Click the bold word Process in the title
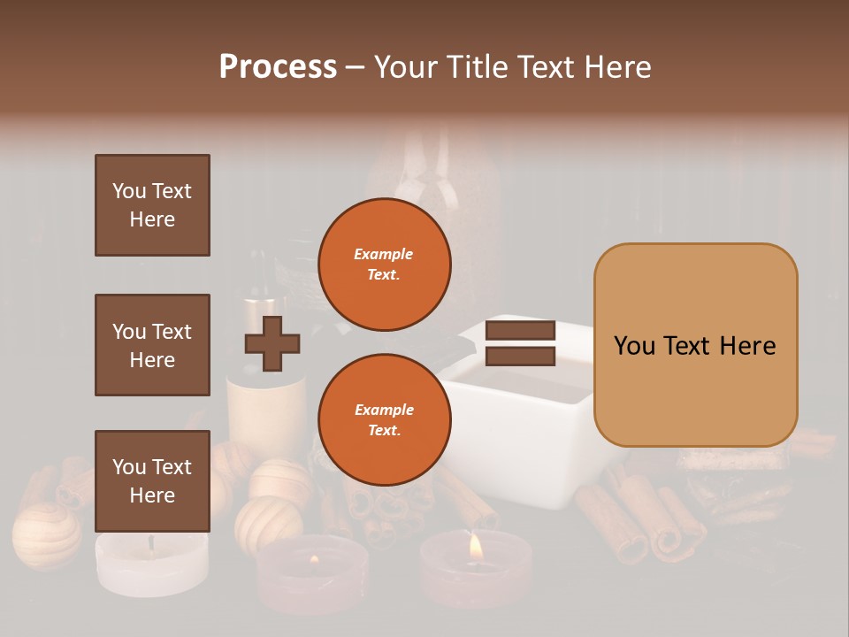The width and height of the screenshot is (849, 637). pyautogui.click(x=278, y=67)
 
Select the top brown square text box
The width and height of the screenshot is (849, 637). pyautogui.click(x=152, y=205)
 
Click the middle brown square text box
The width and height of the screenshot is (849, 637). pyautogui.click(x=152, y=345)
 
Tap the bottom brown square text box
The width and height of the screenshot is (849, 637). pyautogui.click(x=152, y=481)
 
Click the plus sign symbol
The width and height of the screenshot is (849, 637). pyautogui.click(x=272, y=343)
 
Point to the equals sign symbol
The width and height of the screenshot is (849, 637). pyautogui.click(x=520, y=343)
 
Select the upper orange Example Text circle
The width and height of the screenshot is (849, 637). pyautogui.click(x=384, y=265)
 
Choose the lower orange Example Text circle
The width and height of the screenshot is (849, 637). pyautogui.click(x=384, y=420)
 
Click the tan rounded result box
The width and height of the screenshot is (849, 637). pyautogui.click(x=695, y=345)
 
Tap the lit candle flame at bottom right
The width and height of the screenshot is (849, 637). pyautogui.click(x=476, y=547)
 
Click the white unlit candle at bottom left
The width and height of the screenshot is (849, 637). pyautogui.click(x=150, y=563)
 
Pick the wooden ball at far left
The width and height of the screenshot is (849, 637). pyautogui.click(x=46, y=534)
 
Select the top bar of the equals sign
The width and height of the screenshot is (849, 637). pyautogui.click(x=520, y=331)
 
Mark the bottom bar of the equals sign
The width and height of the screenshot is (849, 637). pyautogui.click(x=520, y=357)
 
